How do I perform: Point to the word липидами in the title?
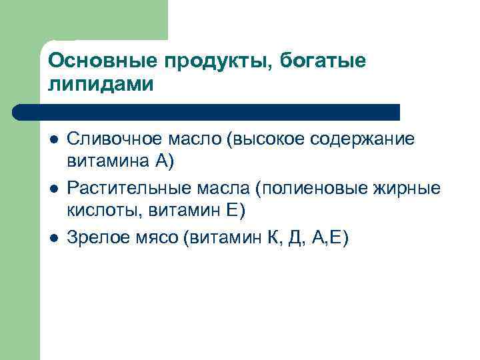(101, 85)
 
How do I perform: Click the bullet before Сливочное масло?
(53, 140)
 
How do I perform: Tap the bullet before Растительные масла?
(53, 189)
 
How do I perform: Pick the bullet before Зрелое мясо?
(53, 237)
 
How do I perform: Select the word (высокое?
(263, 139)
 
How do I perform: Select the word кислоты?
(95, 211)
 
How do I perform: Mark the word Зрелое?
(94, 237)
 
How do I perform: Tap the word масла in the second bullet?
(210, 189)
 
